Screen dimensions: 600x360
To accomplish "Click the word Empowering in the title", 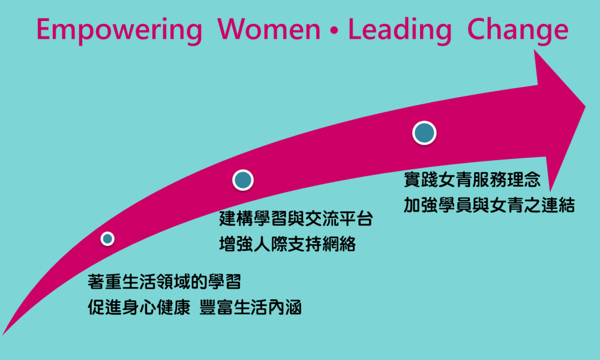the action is [119, 31].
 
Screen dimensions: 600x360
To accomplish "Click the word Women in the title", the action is [269, 29].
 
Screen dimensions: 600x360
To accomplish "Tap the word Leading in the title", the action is [400, 31].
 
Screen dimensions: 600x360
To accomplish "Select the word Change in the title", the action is [518, 31].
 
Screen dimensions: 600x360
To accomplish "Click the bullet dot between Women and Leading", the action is [334, 31].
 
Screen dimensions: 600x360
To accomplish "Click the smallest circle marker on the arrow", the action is [107, 239].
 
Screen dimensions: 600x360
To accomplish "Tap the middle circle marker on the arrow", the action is [243, 180].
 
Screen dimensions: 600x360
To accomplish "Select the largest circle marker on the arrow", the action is [424, 133].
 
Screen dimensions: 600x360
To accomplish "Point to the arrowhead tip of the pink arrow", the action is [585, 106].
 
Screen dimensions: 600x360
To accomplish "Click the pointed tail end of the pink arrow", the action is [4, 334].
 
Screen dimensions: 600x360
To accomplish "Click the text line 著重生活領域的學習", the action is [164, 282].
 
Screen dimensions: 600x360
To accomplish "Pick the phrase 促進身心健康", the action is [139, 307].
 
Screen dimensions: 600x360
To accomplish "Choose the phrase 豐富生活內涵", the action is [251, 307].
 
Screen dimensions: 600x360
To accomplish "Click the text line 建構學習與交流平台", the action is [296, 218].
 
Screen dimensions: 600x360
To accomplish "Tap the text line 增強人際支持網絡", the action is [287, 244].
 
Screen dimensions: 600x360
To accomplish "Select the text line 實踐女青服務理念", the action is [472, 179].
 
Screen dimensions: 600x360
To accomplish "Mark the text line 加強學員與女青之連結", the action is [490, 205].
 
